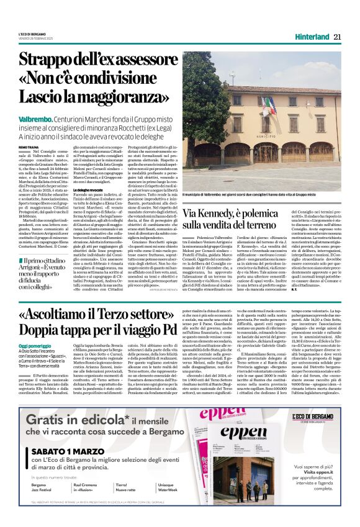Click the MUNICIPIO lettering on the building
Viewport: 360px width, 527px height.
(268, 124)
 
